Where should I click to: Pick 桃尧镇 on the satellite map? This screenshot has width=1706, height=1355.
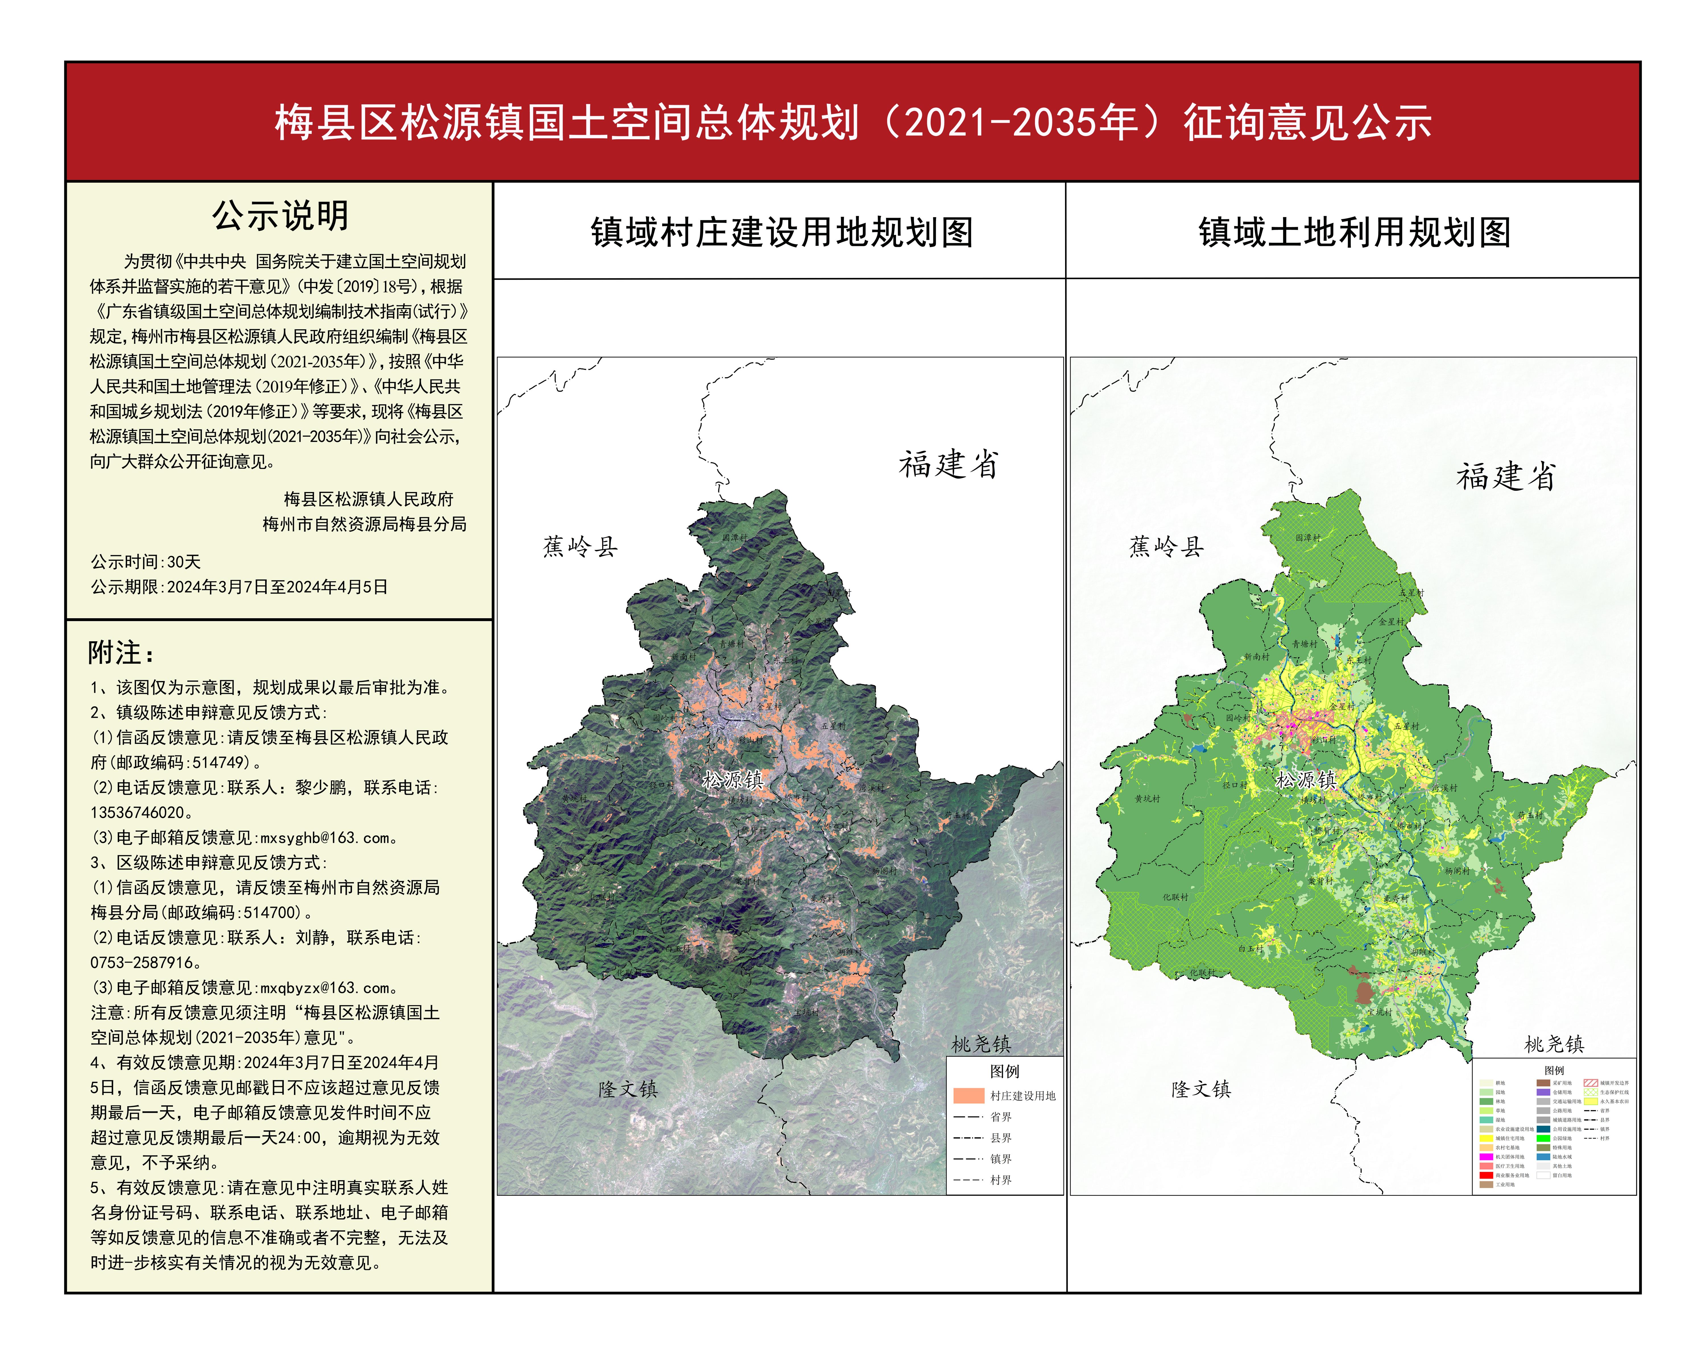[981, 1044]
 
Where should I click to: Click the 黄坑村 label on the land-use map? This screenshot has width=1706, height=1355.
[1147, 799]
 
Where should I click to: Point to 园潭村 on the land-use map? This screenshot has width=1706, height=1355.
[1308, 538]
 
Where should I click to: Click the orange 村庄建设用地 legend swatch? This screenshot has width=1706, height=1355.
[968, 1095]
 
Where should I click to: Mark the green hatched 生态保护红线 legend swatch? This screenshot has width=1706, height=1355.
[1591, 1092]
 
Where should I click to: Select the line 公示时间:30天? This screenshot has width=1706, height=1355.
[146, 562]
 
